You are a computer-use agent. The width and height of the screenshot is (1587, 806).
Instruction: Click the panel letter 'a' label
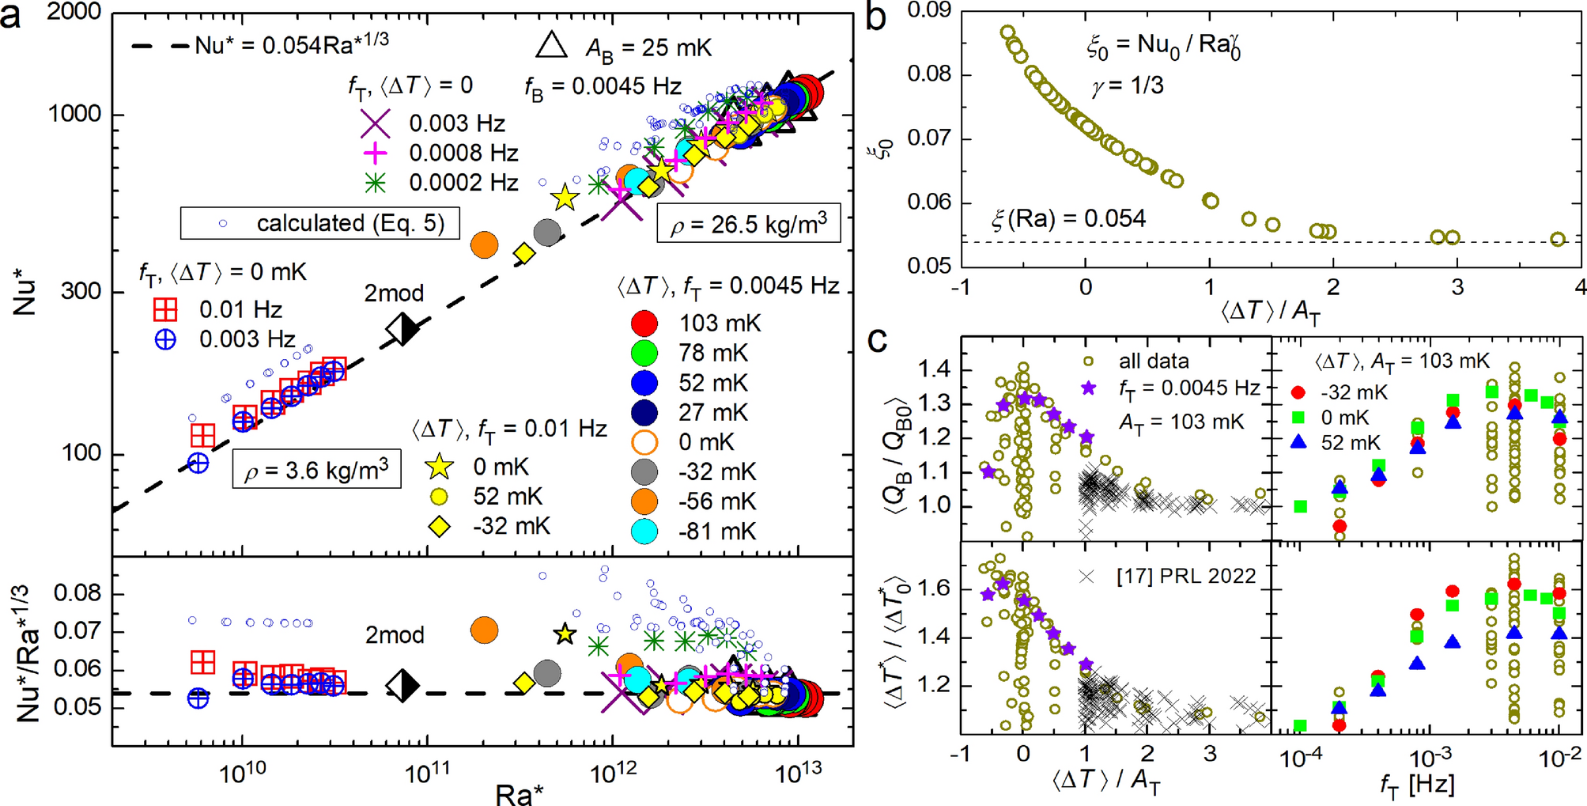pos(11,16)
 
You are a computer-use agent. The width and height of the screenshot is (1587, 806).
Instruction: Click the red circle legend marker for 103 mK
pos(645,323)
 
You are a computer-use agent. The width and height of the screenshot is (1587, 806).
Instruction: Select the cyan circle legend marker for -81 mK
pos(645,531)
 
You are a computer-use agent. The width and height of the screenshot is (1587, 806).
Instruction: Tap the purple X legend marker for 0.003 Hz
pos(375,123)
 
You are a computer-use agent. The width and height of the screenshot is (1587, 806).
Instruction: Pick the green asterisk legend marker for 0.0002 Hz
pos(375,183)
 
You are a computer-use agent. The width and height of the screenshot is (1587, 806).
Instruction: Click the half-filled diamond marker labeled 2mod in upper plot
pos(402,329)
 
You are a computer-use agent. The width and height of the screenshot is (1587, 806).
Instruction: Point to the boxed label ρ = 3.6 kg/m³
pos(316,471)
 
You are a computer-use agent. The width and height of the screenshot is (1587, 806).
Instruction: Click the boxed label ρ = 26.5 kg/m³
pos(748,225)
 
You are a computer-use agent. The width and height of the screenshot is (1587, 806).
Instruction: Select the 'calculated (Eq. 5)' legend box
pos(320,223)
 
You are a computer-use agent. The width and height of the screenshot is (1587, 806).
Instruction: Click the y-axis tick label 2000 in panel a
pos(74,12)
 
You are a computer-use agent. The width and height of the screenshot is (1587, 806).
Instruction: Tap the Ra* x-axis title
pos(519,793)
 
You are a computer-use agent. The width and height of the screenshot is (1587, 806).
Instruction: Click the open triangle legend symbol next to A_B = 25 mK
pos(551,46)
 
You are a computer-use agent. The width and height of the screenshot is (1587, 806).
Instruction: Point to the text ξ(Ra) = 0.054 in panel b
pos(1067,218)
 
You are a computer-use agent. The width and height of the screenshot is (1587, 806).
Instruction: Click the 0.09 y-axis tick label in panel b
pos(928,9)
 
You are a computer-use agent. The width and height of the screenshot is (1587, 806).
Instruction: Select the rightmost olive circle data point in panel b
pos(1557,239)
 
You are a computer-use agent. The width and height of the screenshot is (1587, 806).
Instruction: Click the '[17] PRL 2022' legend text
pos(1185,577)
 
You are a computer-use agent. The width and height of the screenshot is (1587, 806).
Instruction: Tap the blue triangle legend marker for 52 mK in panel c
pos(1298,442)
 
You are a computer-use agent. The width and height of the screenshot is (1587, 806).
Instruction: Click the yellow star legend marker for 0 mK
pos(439,467)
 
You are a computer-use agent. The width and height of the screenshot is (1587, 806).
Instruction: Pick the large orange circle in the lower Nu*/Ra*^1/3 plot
pos(484,630)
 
